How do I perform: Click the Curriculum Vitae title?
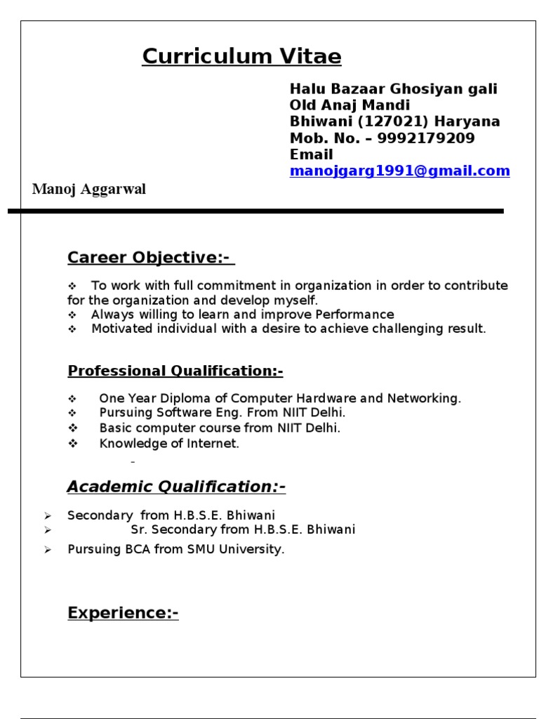coord(241,56)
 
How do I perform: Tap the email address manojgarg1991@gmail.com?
coord(399,171)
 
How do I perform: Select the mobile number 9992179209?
coord(426,138)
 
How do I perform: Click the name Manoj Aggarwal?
coord(89,190)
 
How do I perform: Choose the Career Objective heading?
coord(149,258)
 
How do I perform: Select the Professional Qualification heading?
coord(175,371)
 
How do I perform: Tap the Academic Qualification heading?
coord(176,487)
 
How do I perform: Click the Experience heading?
coord(123,613)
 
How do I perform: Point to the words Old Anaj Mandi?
coord(350,105)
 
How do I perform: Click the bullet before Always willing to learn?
coord(72,315)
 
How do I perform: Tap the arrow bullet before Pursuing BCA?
coord(48,550)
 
